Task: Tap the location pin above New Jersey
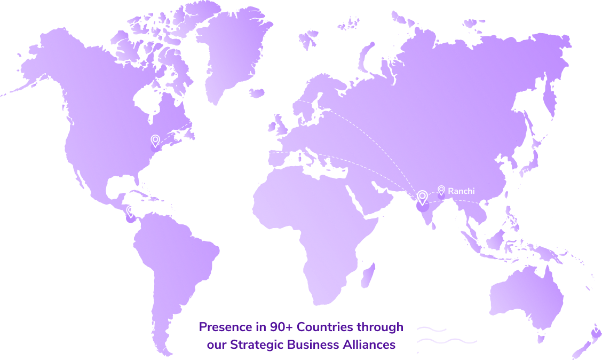tap(155, 140)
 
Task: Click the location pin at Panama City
tap(131, 212)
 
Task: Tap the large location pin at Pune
tap(422, 197)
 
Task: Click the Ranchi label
tap(461, 191)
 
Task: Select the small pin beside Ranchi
tap(441, 190)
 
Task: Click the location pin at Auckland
tap(596, 326)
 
